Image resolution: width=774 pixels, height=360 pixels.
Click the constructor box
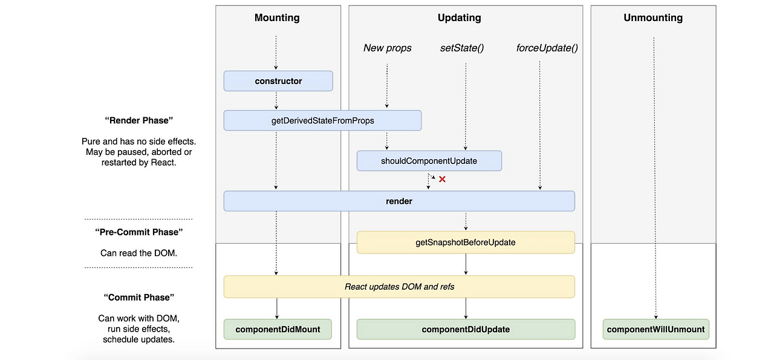point(278,81)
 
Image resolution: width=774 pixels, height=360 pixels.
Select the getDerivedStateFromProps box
point(322,120)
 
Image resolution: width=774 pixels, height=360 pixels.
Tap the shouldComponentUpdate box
point(429,161)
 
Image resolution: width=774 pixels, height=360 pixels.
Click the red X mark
point(442,179)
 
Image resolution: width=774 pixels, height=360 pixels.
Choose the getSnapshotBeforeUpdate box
point(466,242)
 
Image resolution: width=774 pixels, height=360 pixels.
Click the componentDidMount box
point(278,329)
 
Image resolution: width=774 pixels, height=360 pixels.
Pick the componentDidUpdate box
point(466,329)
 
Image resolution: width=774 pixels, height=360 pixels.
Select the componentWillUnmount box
point(656,329)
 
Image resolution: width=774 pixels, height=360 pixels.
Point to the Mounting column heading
point(277,18)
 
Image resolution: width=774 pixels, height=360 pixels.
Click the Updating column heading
point(459,18)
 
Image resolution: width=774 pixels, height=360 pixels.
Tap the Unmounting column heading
point(653,18)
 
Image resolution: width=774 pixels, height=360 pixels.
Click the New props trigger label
point(388,48)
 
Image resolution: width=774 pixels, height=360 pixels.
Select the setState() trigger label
point(462,48)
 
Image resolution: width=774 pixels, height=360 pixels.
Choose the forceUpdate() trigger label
point(547,48)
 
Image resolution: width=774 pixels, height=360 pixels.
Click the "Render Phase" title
point(138,120)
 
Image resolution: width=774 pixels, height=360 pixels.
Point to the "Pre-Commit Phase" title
point(138,232)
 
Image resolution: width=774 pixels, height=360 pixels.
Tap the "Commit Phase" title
point(138,298)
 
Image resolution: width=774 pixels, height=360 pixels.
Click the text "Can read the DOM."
point(138,253)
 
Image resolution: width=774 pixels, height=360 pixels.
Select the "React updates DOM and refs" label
point(400,287)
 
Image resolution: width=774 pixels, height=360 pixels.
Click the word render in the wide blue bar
point(399,201)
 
